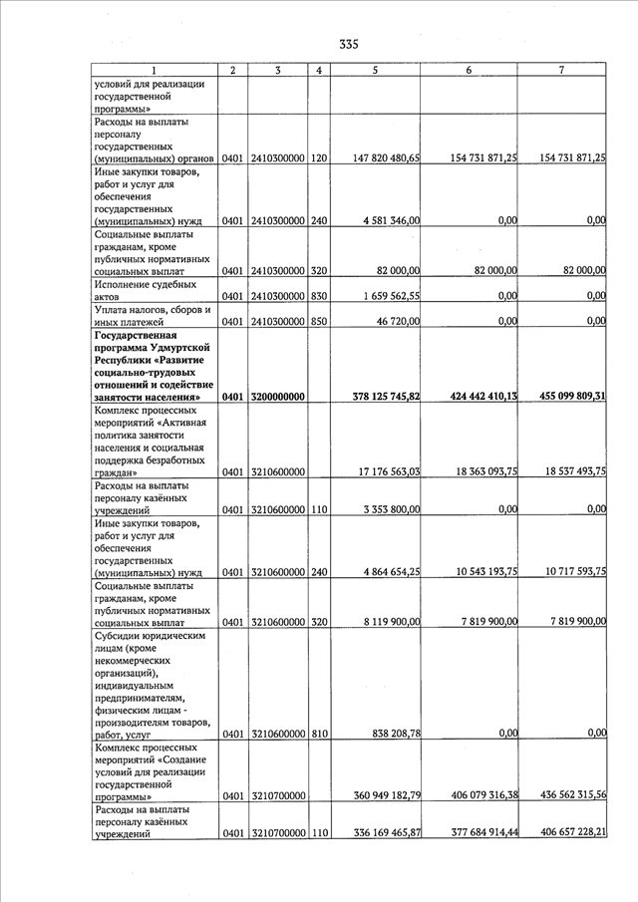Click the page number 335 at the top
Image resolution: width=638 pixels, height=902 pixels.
coord(348,44)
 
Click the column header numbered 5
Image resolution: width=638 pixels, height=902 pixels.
coord(374,70)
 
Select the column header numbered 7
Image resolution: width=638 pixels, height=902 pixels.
coord(561,70)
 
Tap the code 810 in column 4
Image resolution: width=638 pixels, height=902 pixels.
coord(319,734)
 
